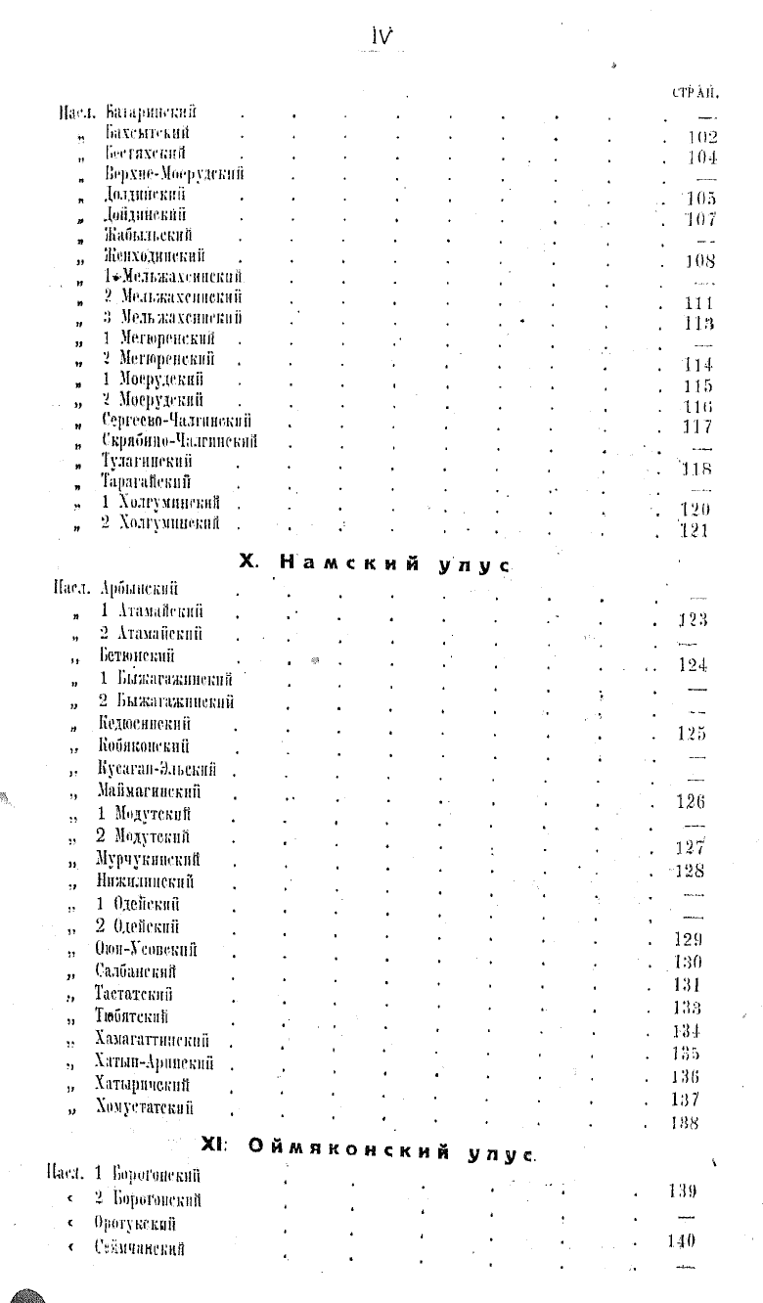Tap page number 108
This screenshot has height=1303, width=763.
point(700,261)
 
